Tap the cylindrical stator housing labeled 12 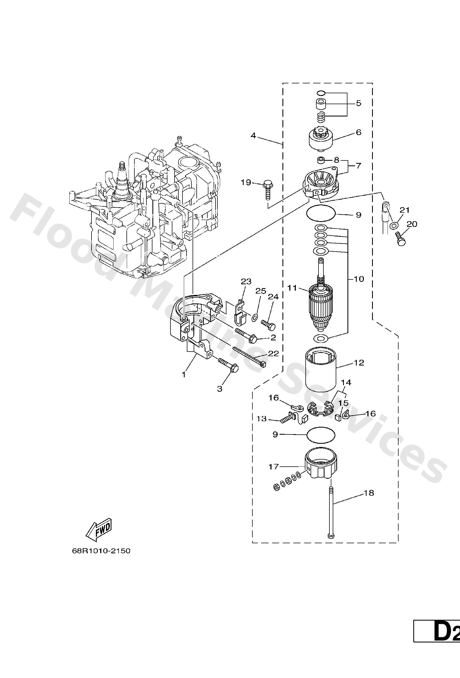321,369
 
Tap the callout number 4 253,136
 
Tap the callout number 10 359,279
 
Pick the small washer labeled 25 254,317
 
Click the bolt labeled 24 268,324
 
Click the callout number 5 358,103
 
